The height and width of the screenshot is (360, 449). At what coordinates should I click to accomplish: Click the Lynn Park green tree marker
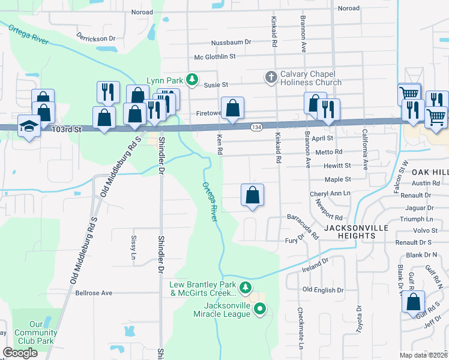tap(191, 79)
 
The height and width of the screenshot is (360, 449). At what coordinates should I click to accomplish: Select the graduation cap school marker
tap(28, 126)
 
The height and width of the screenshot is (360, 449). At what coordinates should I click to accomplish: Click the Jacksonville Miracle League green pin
tap(260, 310)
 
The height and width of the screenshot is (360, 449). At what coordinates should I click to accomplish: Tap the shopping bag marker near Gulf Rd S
tap(414, 302)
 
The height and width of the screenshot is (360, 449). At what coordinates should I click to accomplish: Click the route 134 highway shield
tap(256, 127)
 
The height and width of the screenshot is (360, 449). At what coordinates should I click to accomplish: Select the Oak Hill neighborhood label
tap(429, 172)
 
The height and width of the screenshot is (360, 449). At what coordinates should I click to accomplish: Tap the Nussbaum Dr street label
tap(231, 43)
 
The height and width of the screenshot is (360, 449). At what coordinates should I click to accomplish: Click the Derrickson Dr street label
tap(95, 38)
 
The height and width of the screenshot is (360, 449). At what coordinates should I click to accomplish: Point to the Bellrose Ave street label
tap(94, 293)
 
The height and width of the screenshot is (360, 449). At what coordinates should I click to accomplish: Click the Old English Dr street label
tap(322, 290)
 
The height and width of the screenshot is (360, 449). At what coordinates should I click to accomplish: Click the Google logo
tap(20, 353)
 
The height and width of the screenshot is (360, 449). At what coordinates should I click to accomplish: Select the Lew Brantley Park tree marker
tap(245, 288)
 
